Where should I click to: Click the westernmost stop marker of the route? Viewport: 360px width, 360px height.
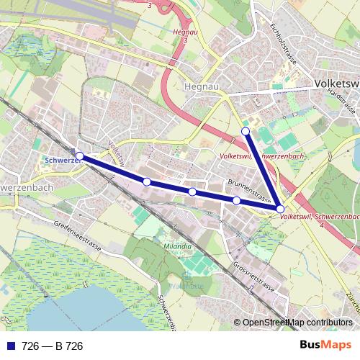79,156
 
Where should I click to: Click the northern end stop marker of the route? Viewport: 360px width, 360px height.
246,131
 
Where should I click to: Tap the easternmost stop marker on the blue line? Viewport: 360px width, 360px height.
280,209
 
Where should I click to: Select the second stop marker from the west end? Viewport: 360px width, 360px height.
146,182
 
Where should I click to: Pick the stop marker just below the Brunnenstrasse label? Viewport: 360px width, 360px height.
236,200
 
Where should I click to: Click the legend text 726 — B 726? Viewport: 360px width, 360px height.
53,346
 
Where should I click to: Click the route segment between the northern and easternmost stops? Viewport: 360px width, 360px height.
263,170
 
